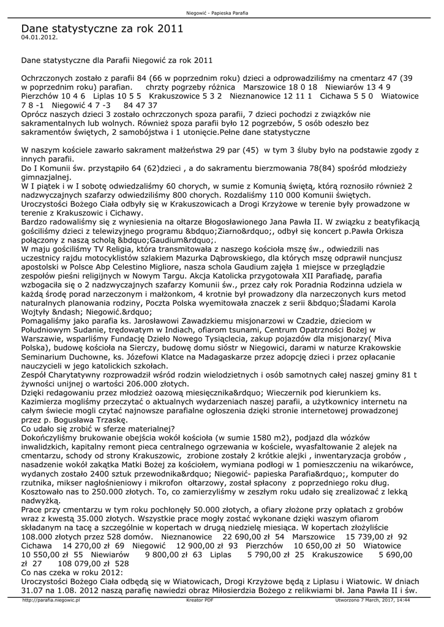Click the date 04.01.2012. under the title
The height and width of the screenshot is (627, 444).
pos(39,37)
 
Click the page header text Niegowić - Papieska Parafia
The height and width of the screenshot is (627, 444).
pos(222,13)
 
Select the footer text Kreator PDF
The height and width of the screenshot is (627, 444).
pos(199,601)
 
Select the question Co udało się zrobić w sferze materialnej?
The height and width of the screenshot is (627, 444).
pos(98,428)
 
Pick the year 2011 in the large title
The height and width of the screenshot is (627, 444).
pos(170,28)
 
